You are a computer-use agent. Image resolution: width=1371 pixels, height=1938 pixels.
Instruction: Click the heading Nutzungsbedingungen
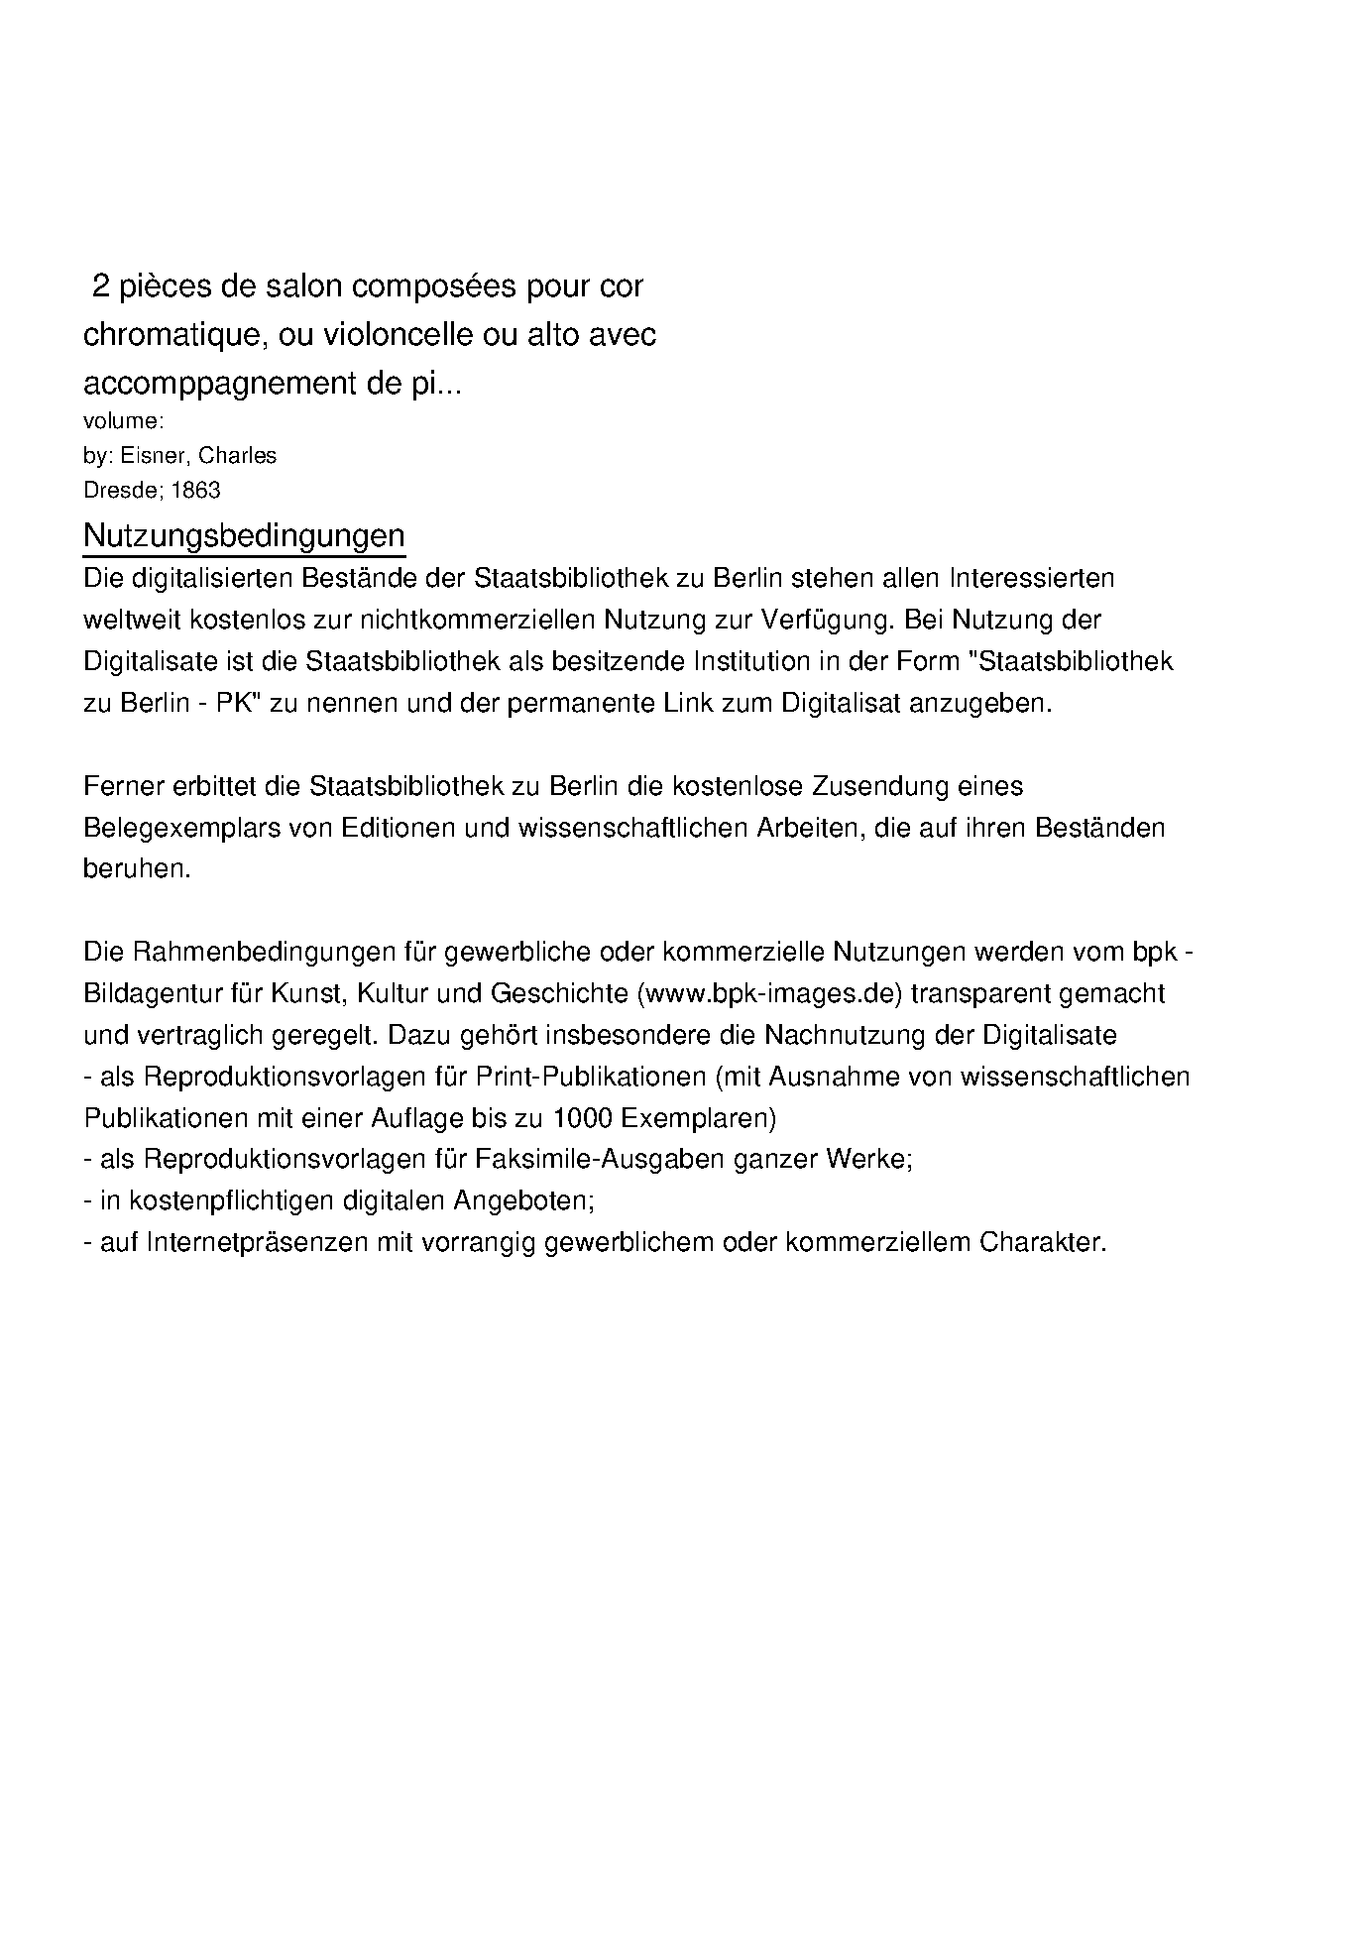pyautogui.click(x=244, y=535)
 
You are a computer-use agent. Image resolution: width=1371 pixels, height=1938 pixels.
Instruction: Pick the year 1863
pyautogui.click(x=196, y=491)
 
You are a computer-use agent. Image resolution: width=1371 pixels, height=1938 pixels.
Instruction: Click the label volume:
pyautogui.click(x=123, y=421)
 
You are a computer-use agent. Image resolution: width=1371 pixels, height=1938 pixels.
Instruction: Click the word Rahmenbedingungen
pyautogui.click(x=263, y=952)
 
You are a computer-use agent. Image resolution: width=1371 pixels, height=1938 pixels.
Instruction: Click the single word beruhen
pyautogui.click(x=137, y=868)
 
